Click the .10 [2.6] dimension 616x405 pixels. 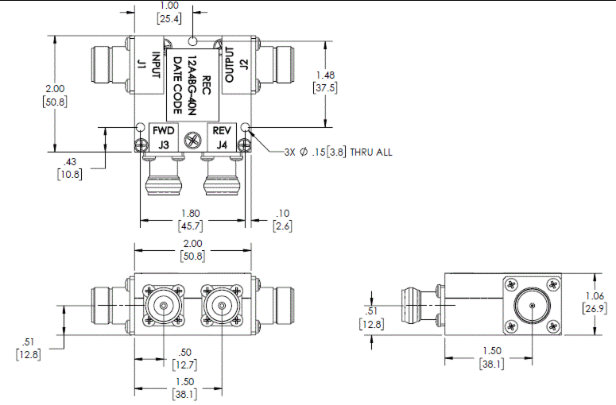(283, 220)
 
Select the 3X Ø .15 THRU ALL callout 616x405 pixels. (339, 152)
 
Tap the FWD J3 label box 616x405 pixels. (164, 137)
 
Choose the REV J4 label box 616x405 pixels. (220, 137)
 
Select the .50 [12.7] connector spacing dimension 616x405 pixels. (184, 358)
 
